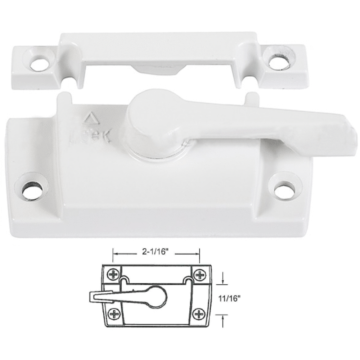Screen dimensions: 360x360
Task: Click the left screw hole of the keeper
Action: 37,64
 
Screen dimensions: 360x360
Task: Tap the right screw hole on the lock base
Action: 284,190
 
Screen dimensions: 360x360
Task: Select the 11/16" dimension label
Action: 230,297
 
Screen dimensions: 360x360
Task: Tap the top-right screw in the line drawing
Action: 199,275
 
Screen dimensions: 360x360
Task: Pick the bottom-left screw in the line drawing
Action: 114,314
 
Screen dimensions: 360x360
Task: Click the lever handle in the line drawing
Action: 108,297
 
